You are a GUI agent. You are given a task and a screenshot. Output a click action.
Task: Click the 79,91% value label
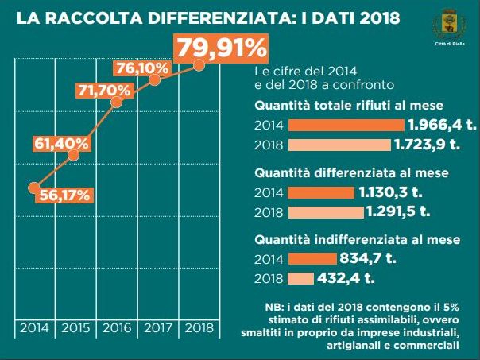point(221,49)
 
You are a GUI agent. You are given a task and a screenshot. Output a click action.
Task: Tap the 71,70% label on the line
point(103,91)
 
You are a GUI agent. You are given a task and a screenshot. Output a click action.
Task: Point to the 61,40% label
point(60,144)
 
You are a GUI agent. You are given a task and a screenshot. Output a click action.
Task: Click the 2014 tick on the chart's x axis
point(33,327)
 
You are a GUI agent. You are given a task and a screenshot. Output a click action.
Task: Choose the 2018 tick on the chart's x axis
point(198,327)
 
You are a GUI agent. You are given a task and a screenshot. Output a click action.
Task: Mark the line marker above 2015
point(74,155)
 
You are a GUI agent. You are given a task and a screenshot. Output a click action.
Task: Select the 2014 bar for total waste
point(346,125)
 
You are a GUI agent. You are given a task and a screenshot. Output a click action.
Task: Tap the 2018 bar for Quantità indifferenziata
point(300,278)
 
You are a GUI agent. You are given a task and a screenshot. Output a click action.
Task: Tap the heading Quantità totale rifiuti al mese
point(349,106)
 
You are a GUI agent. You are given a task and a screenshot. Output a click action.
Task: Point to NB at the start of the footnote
point(272,308)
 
